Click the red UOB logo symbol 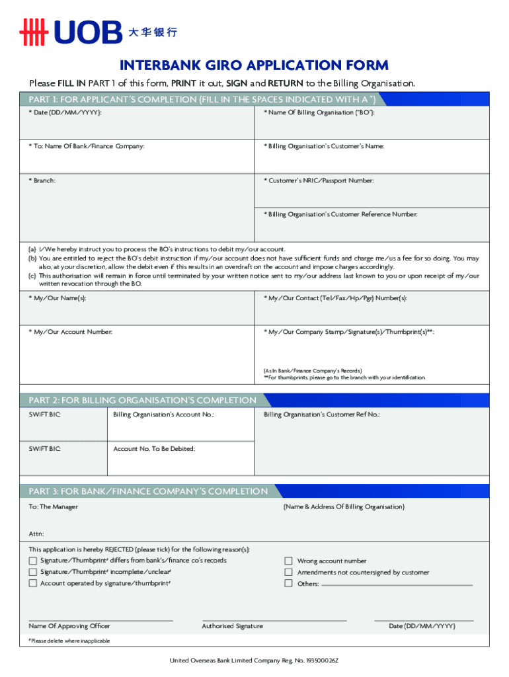34,32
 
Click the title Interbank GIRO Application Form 254,65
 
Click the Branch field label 42,180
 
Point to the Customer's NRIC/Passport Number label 319,180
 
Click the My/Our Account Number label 70,331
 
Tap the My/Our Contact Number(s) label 336,298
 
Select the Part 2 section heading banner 142,400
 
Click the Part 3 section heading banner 148,491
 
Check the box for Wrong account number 288,561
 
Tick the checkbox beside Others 288,583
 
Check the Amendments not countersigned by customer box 288,572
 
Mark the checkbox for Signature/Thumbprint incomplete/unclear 33,572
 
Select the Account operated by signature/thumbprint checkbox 33,583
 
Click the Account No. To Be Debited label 154,448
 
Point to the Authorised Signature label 232,626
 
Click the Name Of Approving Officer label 69,626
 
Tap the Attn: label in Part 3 36,533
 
